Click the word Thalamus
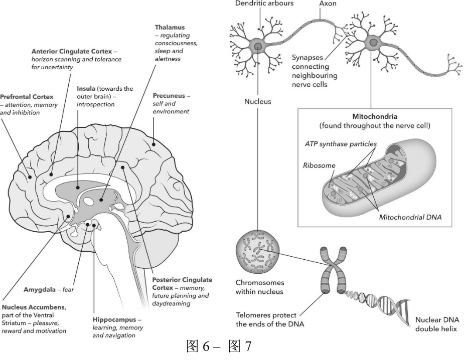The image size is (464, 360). coord(170,27)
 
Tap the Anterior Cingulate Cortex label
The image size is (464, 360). coord(72,51)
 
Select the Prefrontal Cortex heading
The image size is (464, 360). coord(27,97)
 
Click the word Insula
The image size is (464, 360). coord(86,88)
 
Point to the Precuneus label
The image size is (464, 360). coord(169,96)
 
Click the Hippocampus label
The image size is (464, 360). coord(114,320)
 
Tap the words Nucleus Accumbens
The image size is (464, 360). coord(34,307)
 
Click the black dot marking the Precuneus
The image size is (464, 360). coord(153,144)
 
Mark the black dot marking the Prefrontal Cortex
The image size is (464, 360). coord(30,177)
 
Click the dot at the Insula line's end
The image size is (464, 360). coord(78,187)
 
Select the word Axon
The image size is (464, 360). coord(328,4)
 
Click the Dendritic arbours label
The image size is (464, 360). coord(264,4)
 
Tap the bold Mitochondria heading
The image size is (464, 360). coord(375,116)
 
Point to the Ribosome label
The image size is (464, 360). coord(319,165)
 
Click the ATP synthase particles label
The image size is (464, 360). coord(341,144)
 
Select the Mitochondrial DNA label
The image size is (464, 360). coord(410,217)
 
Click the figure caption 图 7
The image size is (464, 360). coord(240,346)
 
